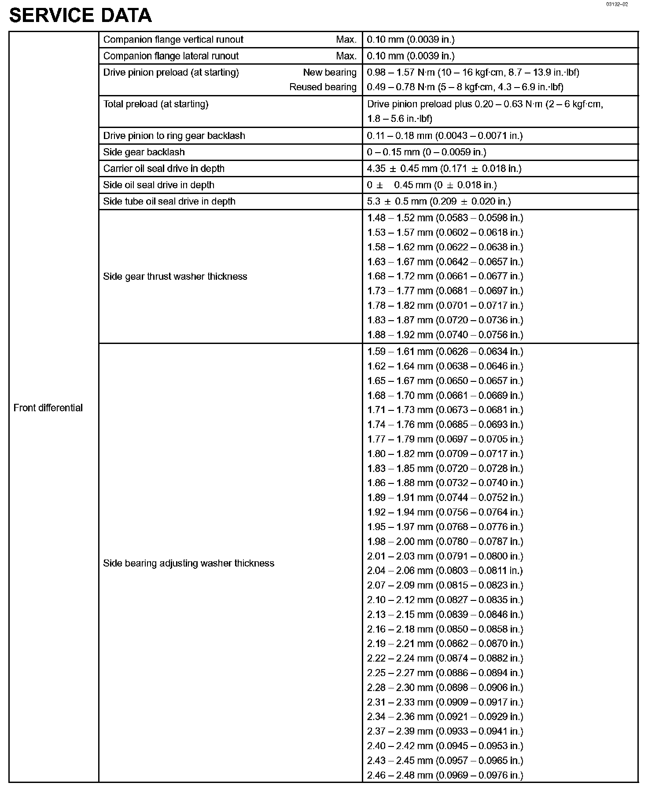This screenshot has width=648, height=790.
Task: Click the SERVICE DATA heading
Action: pos(80,16)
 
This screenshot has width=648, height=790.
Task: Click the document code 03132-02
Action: pos(616,4)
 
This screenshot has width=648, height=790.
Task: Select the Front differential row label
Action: pos(48,408)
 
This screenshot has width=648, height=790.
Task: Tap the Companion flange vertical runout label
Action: pos(173,40)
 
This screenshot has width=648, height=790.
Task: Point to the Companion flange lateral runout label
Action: pos(171,56)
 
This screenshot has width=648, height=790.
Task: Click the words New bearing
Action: pos(329,72)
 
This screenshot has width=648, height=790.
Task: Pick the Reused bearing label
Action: pos(323,87)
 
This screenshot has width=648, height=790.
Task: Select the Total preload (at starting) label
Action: pos(156,104)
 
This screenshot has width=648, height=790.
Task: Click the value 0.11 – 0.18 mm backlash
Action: pos(445,135)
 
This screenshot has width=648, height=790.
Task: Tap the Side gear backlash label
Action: pos(144,152)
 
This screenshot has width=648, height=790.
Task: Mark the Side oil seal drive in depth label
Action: pos(158,185)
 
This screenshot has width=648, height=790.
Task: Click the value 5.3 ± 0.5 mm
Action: pos(438,201)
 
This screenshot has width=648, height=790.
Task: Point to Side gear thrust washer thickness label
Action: pos(175,276)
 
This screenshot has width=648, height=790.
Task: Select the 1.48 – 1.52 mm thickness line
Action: pos(445,218)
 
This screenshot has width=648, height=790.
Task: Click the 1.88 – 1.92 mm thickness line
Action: pos(445,335)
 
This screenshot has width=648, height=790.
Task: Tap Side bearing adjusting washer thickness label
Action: pos(188,563)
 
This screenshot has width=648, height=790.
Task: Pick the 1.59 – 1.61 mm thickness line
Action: pos(445,351)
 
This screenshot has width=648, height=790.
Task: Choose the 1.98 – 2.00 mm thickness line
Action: pos(445,541)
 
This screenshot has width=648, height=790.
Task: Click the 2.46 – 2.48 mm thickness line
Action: pos(445,775)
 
